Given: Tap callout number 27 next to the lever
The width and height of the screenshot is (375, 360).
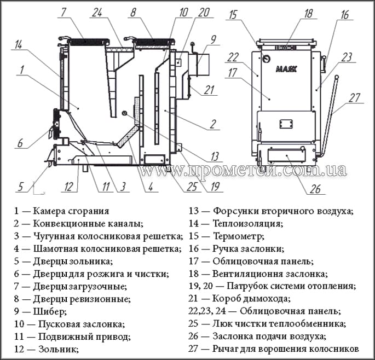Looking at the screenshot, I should tap(355, 99).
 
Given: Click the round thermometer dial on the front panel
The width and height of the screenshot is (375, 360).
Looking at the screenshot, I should tap(265, 59).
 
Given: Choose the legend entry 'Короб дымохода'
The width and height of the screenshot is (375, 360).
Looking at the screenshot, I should tap(243, 299).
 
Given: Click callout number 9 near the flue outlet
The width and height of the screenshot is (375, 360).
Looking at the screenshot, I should tap(212, 39).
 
